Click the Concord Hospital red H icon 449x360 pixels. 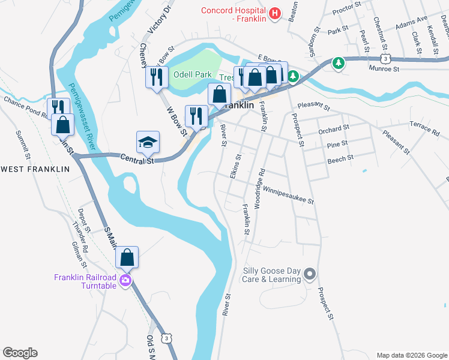click(275, 13)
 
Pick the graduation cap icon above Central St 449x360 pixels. click(148, 142)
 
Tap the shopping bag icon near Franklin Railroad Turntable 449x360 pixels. click(127, 257)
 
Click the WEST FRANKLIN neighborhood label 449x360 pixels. click(35, 169)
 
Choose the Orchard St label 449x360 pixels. click(334, 130)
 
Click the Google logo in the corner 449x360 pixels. click(20, 353)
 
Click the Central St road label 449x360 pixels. click(137, 160)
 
